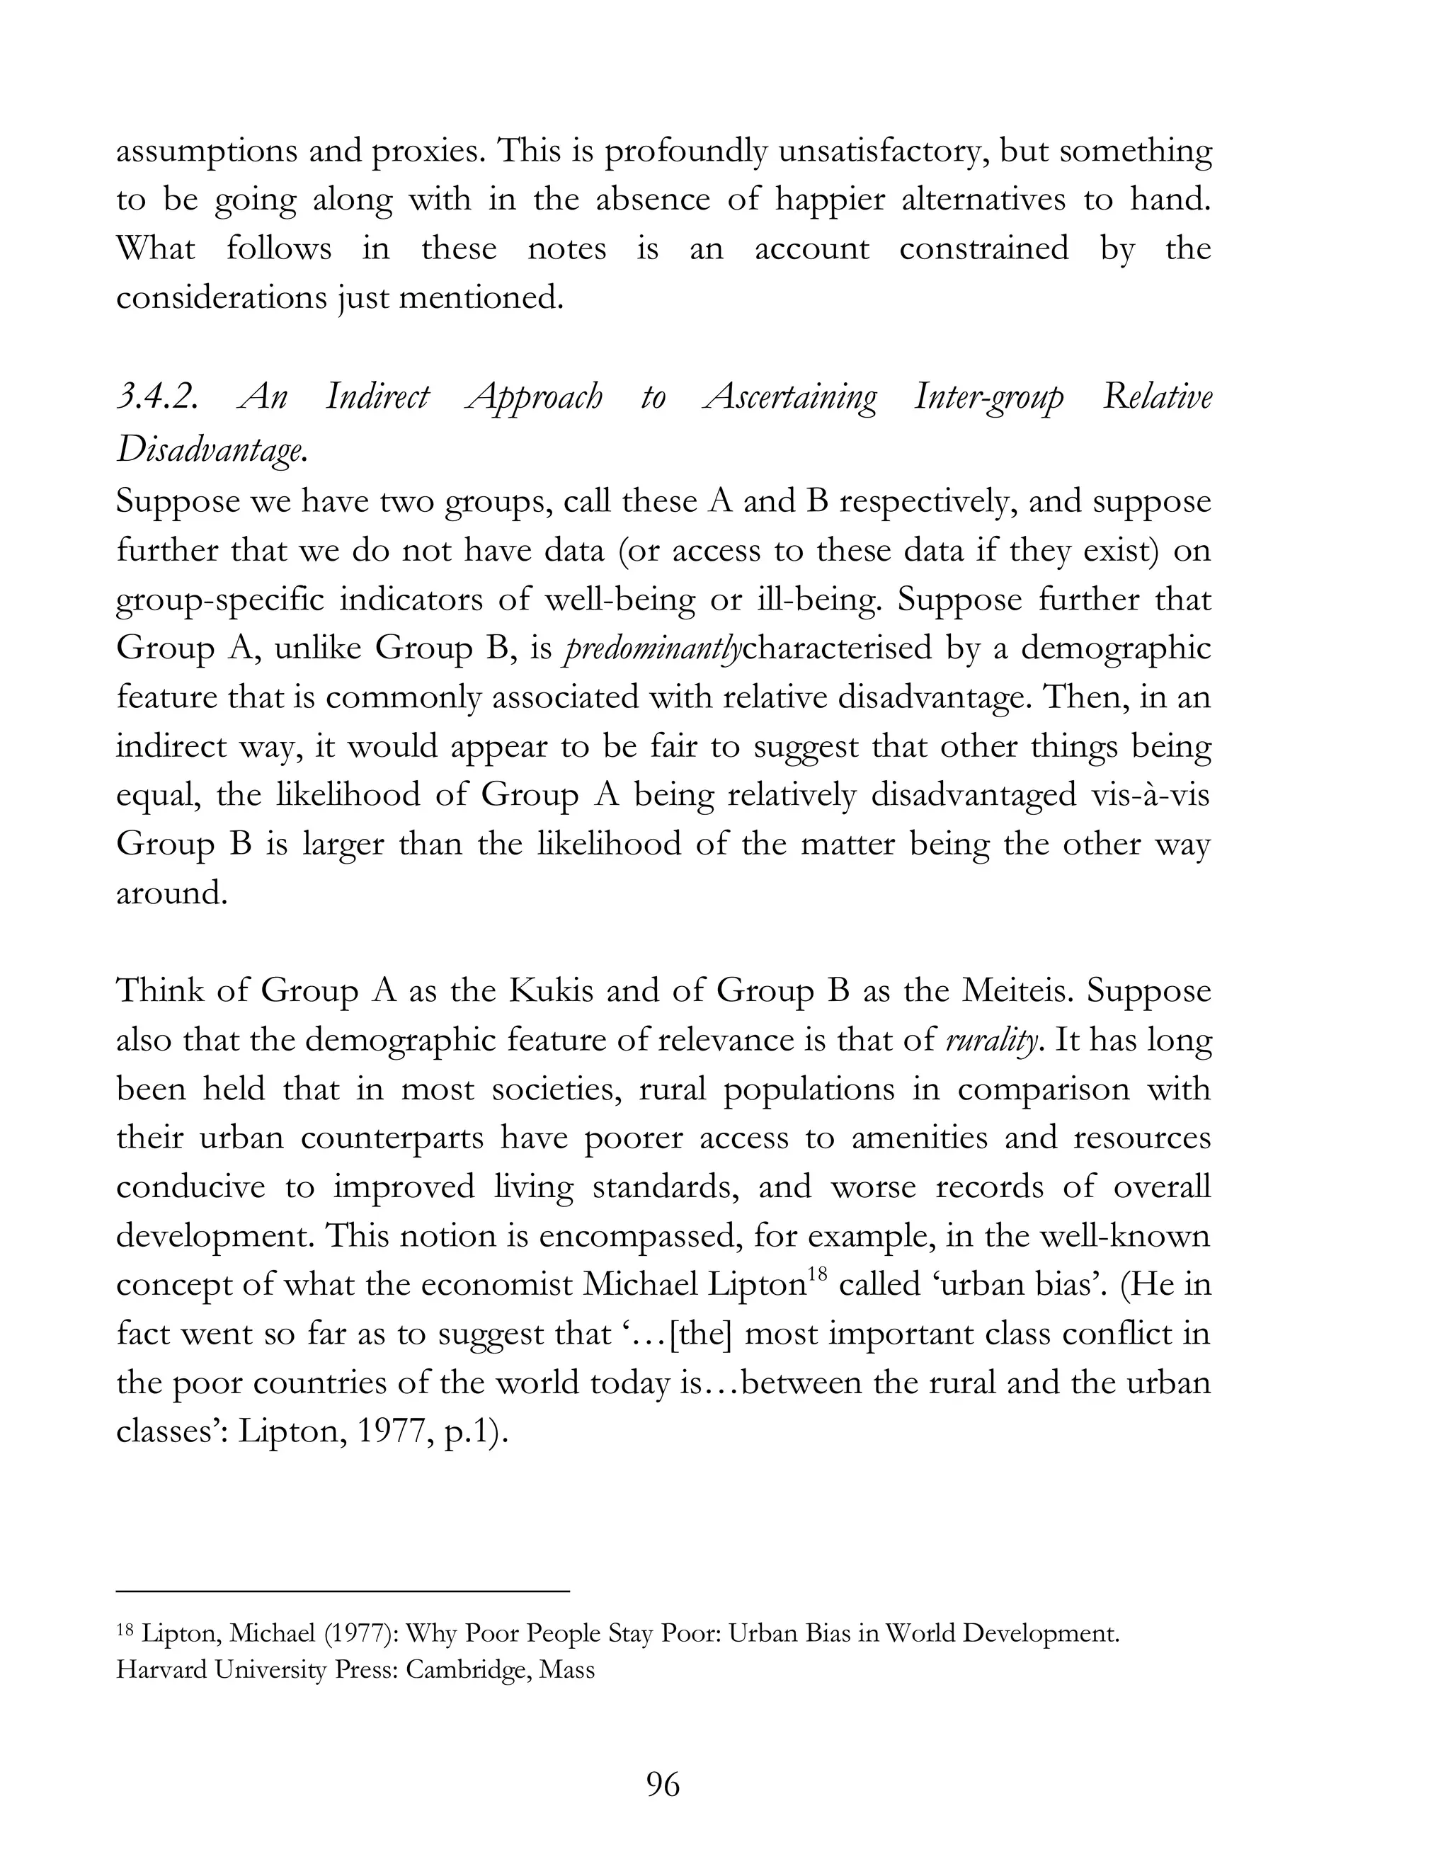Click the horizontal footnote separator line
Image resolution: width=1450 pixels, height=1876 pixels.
(343, 1591)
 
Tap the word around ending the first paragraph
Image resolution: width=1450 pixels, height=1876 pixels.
(172, 893)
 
